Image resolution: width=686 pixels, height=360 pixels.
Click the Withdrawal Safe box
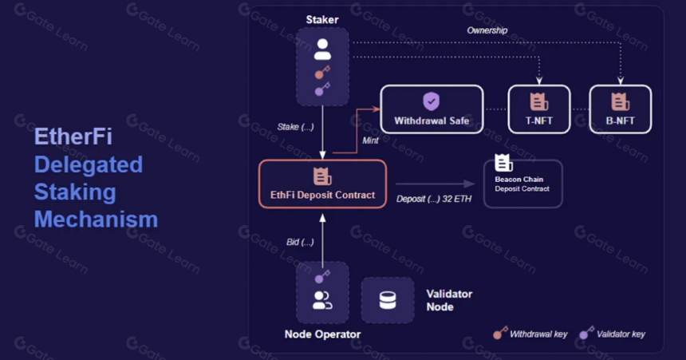[432, 109]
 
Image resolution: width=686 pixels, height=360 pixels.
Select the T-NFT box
[539, 109]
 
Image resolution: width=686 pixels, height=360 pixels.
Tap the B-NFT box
[621, 109]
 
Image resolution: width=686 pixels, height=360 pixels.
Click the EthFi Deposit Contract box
[322, 184]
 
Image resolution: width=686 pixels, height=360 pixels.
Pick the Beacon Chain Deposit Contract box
[522, 184]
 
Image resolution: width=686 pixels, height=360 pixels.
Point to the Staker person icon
[322, 49]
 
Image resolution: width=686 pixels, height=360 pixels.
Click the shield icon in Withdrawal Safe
[432, 101]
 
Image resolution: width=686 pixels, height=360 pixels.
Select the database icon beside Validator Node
[388, 300]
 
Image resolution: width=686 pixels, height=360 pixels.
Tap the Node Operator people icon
[322, 300]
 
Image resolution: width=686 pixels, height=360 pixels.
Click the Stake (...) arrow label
[295, 127]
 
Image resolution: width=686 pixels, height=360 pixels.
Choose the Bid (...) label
[300, 242]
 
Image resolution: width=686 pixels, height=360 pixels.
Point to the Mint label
[370, 140]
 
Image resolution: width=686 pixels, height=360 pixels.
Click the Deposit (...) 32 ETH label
[434, 199]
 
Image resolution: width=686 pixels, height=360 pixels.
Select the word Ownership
[487, 30]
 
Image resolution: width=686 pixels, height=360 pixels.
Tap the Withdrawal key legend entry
[530, 334]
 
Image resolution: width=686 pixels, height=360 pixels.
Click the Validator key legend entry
[613, 334]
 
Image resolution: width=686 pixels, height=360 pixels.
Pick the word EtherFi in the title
[73, 136]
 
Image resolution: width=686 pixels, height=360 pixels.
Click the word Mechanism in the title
[96, 219]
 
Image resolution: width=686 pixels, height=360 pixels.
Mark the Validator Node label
[449, 300]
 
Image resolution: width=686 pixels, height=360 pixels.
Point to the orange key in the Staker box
[322, 72]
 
